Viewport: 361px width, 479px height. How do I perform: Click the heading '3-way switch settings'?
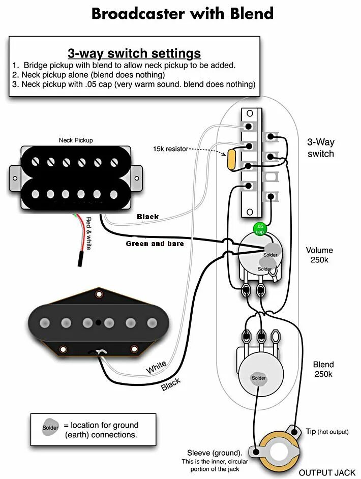pyautogui.click(x=134, y=53)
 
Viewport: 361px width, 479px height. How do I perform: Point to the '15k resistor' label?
pyautogui.click(x=170, y=149)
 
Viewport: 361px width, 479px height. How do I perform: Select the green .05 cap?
pyautogui.click(x=260, y=229)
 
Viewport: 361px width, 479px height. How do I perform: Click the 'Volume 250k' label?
pyautogui.click(x=319, y=255)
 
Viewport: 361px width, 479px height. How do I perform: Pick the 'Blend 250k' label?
pyautogui.click(x=323, y=369)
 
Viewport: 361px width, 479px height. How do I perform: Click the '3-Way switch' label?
pyautogui.click(x=321, y=148)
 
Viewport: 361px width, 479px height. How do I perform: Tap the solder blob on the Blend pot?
pyautogui.click(x=258, y=378)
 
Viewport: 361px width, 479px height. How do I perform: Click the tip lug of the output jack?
pyautogui.click(x=294, y=432)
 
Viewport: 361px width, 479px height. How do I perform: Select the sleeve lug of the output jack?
pyautogui.click(x=256, y=452)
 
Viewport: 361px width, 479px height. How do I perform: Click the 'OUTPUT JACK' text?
pyautogui.click(x=327, y=472)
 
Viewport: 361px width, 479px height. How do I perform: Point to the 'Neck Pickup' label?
pyautogui.click(x=76, y=140)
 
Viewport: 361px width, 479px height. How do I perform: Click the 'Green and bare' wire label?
pyautogui.click(x=155, y=244)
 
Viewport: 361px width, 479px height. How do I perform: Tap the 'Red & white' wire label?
pyautogui.click(x=88, y=233)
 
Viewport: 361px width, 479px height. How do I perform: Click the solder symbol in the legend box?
pyautogui.click(x=50, y=428)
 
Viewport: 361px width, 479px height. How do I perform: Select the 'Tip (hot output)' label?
pyautogui.click(x=327, y=431)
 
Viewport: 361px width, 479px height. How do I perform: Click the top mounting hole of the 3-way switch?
pyautogui.click(x=250, y=113)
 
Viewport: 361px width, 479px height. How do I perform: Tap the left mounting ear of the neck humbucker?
pyautogui.click(x=15, y=178)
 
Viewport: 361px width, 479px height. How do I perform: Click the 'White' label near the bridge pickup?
pyautogui.click(x=156, y=367)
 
